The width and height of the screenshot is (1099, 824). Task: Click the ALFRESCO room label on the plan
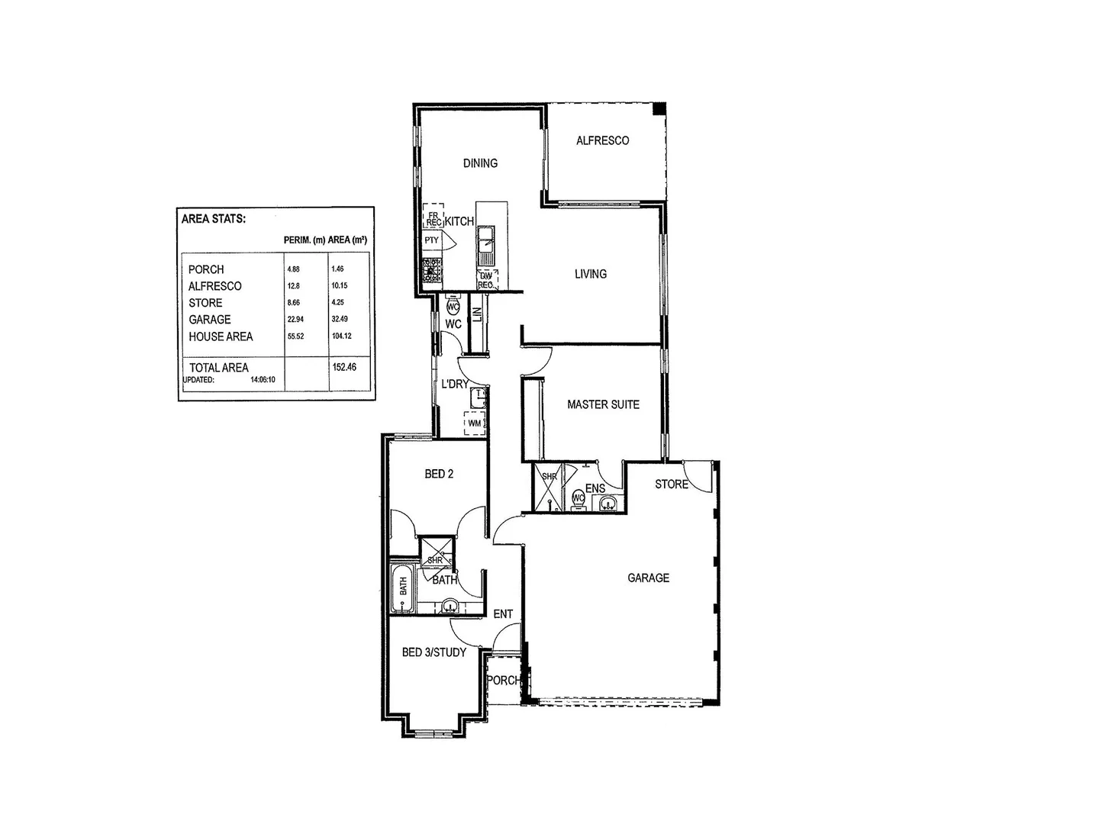(602, 140)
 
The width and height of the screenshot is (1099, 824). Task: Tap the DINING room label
(480, 163)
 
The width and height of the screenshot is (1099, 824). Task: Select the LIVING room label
(591, 274)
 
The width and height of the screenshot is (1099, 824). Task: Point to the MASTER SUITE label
(603, 404)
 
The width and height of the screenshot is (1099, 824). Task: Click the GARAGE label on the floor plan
(648, 578)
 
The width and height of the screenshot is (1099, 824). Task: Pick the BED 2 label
(439, 474)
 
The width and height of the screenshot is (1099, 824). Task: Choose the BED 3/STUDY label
(433, 652)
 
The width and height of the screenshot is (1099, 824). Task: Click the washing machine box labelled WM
(475, 423)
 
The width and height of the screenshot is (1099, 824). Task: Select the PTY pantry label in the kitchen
(432, 240)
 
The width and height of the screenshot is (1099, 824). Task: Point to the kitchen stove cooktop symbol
(432, 268)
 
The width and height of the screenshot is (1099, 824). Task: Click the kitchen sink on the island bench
(485, 246)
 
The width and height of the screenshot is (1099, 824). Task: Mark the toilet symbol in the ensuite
(578, 499)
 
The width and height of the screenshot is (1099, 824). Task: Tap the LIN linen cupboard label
(478, 314)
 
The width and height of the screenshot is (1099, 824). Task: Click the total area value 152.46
(344, 366)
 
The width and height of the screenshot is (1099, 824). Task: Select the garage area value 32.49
(340, 319)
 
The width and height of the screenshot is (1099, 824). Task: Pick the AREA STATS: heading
(214, 219)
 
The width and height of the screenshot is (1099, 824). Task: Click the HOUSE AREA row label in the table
(221, 336)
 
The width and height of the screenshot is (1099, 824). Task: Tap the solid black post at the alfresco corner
(659, 108)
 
